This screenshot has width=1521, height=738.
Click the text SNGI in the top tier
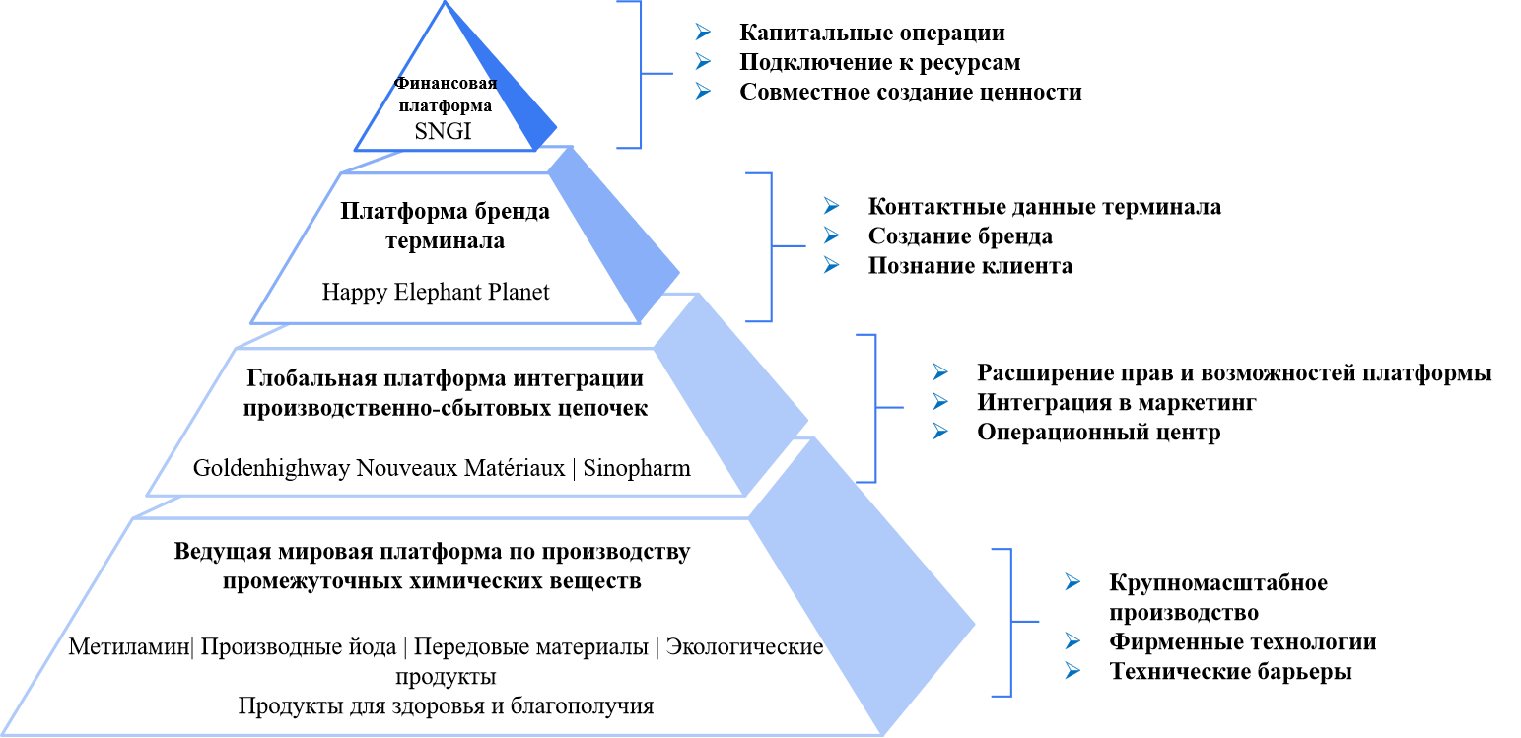(x=443, y=131)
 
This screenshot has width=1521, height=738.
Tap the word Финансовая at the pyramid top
(x=446, y=83)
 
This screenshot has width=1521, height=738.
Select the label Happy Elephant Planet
(x=436, y=293)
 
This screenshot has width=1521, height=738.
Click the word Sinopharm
(x=637, y=468)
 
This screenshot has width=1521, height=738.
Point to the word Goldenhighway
(x=271, y=468)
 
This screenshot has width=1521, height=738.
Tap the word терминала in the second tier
(x=446, y=240)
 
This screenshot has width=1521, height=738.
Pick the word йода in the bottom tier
(x=375, y=647)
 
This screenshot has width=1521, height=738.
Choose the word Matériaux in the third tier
(x=519, y=468)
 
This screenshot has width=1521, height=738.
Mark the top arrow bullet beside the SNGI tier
(x=703, y=32)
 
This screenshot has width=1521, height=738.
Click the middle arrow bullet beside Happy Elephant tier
(x=831, y=235)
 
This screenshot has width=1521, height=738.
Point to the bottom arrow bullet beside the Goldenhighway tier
(x=940, y=431)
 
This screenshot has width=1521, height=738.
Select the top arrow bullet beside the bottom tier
(x=1072, y=581)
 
